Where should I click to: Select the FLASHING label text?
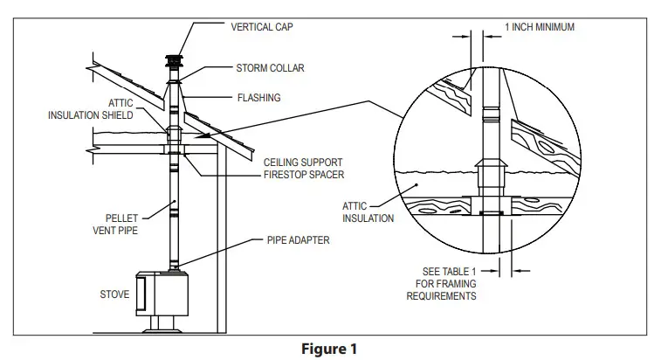click(259, 98)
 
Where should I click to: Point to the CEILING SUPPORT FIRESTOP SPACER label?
click(304, 169)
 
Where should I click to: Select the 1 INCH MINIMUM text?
click(540, 27)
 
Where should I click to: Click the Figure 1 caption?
click(331, 349)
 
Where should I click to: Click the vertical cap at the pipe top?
click(174, 64)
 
